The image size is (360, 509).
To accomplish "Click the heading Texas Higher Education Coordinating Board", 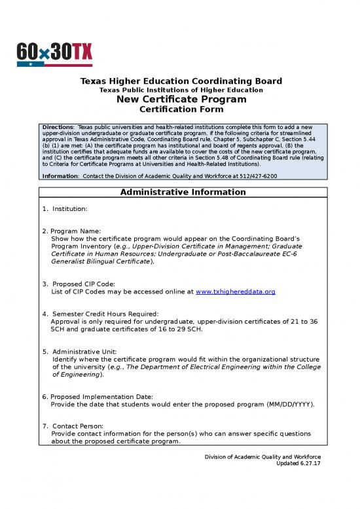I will coord(181,81).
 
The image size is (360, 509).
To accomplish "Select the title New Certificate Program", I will coord(181,100).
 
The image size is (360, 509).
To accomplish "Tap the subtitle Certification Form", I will coord(181,109).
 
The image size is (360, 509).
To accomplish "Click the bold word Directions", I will coord(57,126).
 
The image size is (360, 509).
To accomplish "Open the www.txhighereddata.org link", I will coord(236,291).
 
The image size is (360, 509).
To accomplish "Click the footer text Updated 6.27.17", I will coord(299,463).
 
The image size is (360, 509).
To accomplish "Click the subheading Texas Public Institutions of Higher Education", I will coord(181,90).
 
